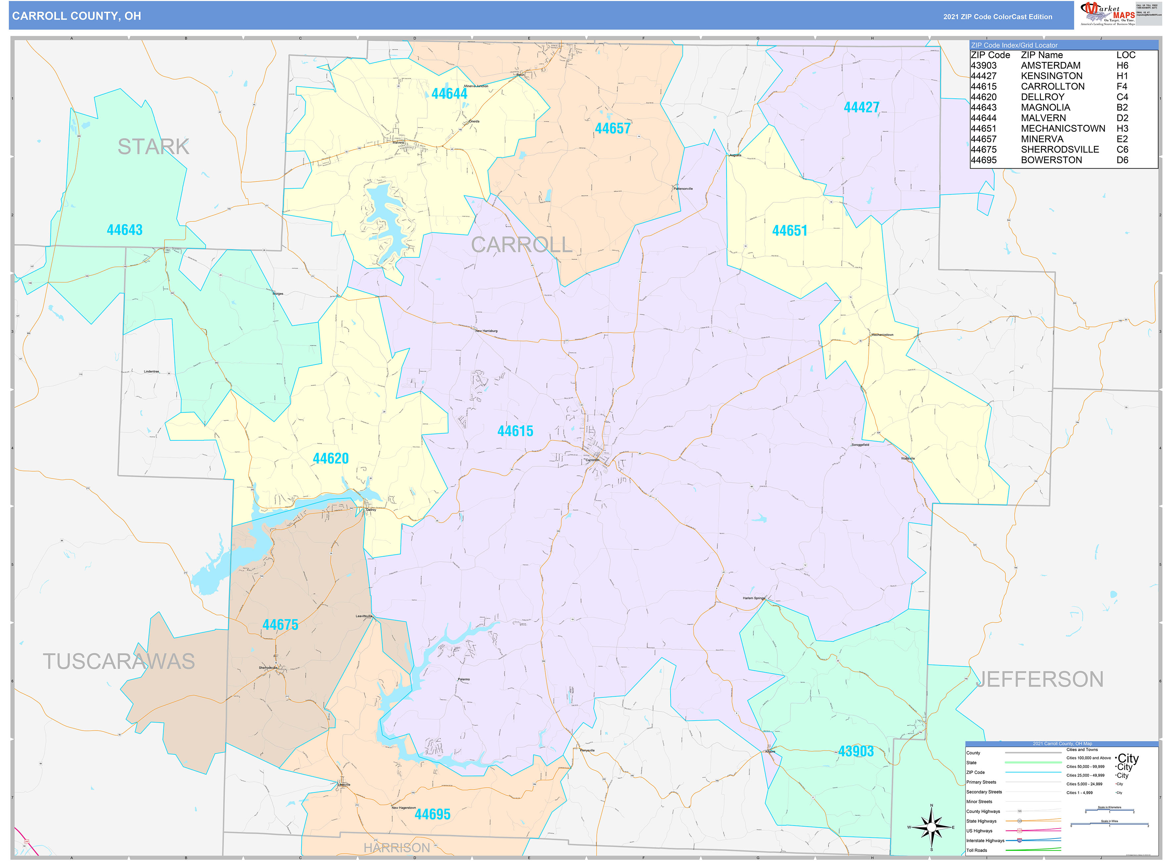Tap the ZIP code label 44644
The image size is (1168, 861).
tap(449, 94)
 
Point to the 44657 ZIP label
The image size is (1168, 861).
tap(613, 128)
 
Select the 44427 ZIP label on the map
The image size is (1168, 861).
tap(861, 107)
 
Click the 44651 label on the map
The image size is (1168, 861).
tap(789, 231)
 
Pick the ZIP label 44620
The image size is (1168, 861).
tap(330, 459)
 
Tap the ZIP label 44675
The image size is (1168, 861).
tap(280, 624)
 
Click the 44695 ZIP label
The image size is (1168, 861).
tap(432, 814)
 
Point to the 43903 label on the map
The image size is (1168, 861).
tap(856, 751)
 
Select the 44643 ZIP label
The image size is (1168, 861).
tap(124, 230)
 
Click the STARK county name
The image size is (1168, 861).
tap(153, 146)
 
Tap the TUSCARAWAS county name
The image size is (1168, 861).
tap(119, 661)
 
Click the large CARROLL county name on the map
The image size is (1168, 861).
tap(522, 244)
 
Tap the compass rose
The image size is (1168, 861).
tap(931, 827)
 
